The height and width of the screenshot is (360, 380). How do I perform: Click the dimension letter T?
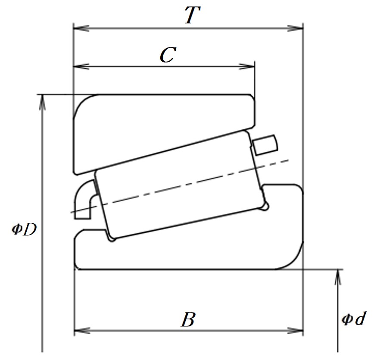coord(193,15)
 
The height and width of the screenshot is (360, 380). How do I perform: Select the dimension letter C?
coord(168,55)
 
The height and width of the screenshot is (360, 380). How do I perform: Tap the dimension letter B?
coord(188,319)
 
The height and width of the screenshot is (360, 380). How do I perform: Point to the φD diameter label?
coord(24,229)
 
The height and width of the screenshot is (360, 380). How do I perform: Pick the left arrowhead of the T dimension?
coord(81,28)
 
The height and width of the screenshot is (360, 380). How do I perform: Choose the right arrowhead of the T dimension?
coord(295,28)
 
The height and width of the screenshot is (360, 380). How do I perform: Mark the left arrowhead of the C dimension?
coord(81,66)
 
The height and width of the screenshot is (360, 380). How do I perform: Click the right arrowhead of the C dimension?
coord(247,66)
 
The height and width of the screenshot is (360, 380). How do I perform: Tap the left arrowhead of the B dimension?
coord(82,330)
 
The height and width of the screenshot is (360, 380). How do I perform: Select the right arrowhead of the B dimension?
coord(295,330)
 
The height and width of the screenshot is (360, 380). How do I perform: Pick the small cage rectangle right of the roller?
coord(265,145)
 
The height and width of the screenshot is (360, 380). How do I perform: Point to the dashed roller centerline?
coord(180,186)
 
